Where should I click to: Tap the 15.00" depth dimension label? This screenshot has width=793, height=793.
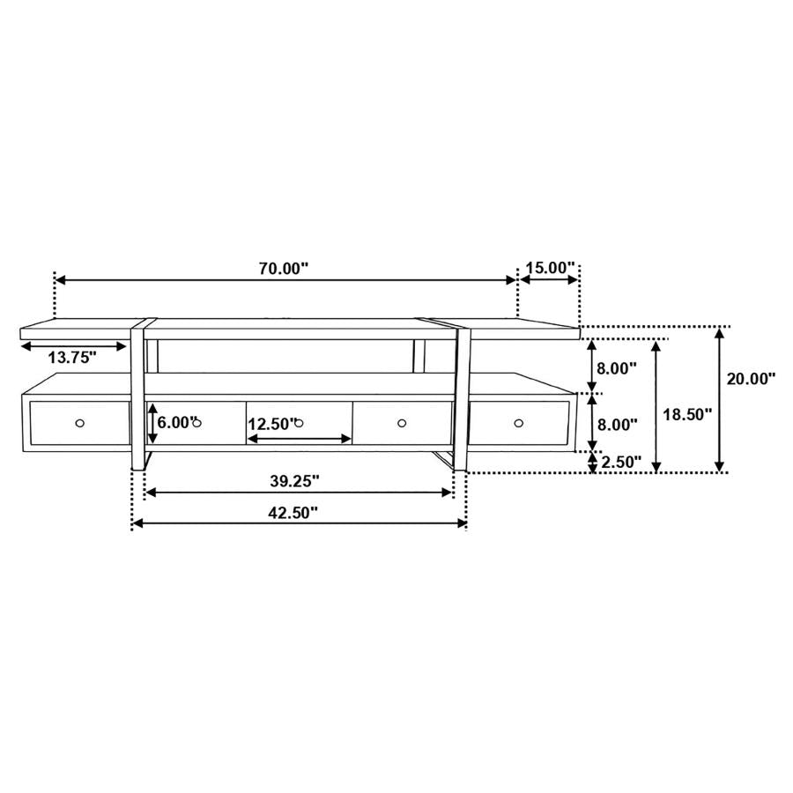click(x=550, y=268)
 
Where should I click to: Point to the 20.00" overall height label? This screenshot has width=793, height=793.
click(x=751, y=379)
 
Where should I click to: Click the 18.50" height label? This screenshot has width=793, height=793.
click(x=687, y=414)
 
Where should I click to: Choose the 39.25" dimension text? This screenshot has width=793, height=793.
click(x=294, y=480)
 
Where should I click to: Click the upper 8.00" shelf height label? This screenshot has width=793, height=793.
click(x=617, y=368)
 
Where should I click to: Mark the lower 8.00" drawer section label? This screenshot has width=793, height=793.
click(x=617, y=424)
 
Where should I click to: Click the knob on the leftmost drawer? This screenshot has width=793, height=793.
click(x=80, y=424)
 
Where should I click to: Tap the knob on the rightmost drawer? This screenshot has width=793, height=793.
click(x=518, y=424)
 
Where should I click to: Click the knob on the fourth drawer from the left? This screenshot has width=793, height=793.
click(x=402, y=424)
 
